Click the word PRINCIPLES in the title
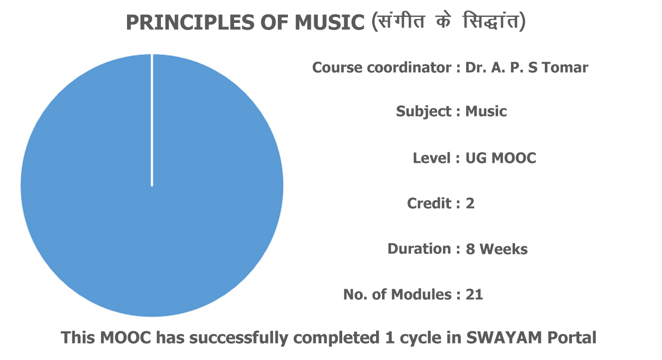click(190, 23)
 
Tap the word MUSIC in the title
click(330, 23)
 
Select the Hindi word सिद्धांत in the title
click(491, 21)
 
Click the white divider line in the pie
click(152, 120)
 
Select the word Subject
click(423, 112)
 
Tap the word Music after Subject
click(486, 112)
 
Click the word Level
click(432, 158)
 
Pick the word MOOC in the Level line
click(514, 158)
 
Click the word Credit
click(429, 203)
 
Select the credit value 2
click(470, 204)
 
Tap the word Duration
click(419, 248)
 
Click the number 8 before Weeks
click(470, 249)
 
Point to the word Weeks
click(504, 249)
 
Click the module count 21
click(474, 295)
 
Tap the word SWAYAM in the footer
click(504, 338)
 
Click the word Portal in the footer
click(571, 338)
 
